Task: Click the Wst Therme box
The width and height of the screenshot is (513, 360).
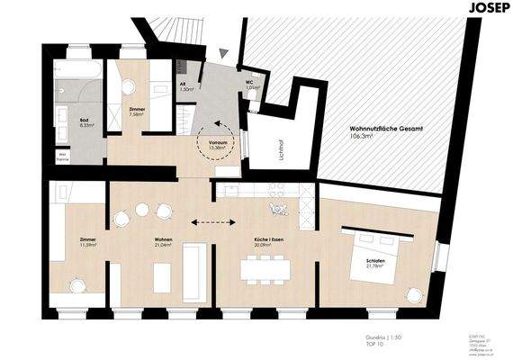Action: [63, 157]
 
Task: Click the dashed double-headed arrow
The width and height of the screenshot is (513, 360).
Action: [214, 221]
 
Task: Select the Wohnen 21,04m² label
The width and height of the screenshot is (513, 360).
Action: [163, 242]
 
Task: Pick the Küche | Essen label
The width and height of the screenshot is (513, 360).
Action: [269, 242]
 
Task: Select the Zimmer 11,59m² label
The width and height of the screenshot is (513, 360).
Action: [87, 242]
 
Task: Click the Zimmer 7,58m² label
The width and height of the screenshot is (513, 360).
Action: [137, 112]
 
